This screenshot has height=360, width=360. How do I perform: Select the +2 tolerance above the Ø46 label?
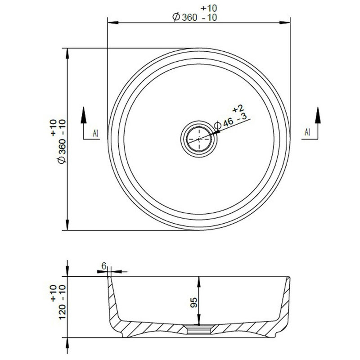click(x=238, y=108)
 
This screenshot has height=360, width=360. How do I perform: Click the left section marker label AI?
click(x=95, y=133)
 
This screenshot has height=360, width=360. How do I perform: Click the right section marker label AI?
click(x=307, y=132)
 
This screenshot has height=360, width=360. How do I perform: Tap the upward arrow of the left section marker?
click(x=84, y=114)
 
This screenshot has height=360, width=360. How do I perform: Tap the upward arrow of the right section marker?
click(x=318, y=114)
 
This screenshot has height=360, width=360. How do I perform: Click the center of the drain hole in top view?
click(x=199, y=139)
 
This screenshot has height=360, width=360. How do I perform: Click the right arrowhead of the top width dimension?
click(x=286, y=21)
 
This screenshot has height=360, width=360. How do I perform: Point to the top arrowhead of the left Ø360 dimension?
click(x=67, y=52)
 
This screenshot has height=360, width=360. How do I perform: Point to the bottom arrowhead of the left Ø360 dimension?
click(x=67, y=226)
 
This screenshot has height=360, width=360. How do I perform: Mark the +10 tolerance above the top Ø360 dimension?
click(x=209, y=8)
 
